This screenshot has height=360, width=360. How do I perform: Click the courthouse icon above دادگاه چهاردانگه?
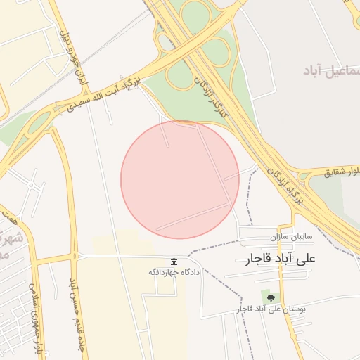coord(174,262)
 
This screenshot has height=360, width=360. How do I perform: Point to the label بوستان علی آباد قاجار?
coord(272,309)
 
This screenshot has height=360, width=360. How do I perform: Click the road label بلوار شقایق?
coord(340,172)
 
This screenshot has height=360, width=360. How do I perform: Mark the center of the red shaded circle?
coord(180,179)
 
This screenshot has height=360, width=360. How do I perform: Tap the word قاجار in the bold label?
coord(256,259)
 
